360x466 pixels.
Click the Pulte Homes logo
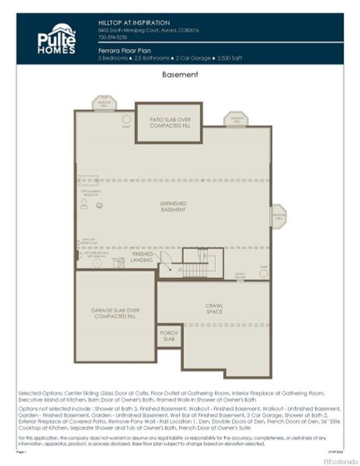tap(57, 39)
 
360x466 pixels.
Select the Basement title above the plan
tap(179, 75)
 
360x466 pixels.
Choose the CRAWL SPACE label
tap(214, 308)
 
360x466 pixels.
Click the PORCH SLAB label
tap(168, 336)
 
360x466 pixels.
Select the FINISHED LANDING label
tap(143, 256)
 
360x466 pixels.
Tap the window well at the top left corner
tap(104, 103)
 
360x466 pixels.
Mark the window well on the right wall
tap(277, 215)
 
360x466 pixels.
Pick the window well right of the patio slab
tap(235, 120)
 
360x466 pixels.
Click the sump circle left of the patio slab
tap(126, 119)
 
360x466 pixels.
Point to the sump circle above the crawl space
tap(264, 272)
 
